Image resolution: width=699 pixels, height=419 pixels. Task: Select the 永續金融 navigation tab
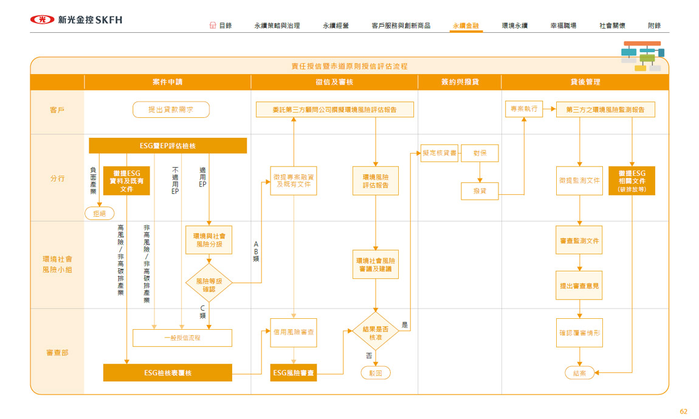[466, 26]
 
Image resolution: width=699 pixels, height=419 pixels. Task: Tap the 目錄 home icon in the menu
[212, 26]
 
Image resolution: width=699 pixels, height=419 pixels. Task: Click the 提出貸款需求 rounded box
[171, 109]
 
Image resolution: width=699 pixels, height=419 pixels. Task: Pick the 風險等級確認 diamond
[208, 282]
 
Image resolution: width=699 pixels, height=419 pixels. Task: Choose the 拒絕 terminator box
[99, 213]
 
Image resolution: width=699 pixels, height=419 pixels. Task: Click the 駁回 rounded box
[376, 373]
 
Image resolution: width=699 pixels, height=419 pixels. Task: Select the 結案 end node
[579, 373]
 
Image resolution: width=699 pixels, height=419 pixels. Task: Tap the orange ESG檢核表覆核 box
[168, 373]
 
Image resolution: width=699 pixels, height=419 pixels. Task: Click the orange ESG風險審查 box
[294, 373]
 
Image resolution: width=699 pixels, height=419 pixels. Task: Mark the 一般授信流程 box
[182, 338]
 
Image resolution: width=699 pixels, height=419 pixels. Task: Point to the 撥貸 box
[480, 191]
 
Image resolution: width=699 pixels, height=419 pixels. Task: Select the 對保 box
[480, 154]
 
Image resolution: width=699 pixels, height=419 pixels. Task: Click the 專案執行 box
[523, 109]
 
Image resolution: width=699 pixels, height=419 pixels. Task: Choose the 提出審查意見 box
[579, 285]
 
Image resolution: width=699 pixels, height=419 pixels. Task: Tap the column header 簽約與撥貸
[460, 82]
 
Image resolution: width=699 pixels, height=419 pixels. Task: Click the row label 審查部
[57, 352]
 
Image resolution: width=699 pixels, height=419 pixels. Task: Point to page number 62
[683, 412]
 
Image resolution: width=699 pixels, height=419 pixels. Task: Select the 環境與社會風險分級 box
[208, 240]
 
